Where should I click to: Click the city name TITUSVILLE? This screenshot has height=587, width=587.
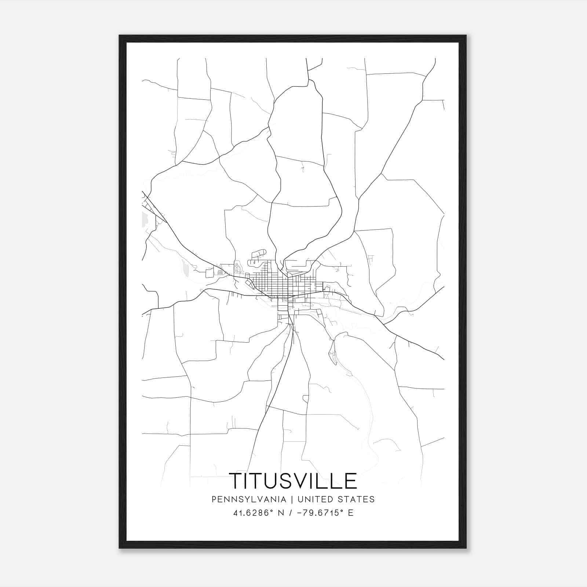(x=293, y=481)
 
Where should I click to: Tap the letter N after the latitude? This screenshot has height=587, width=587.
(x=282, y=513)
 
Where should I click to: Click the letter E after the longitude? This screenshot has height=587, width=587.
(x=351, y=513)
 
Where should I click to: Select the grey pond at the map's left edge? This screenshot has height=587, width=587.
(x=144, y=219)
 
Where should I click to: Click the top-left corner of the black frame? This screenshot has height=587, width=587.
(x=120, y=36)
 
